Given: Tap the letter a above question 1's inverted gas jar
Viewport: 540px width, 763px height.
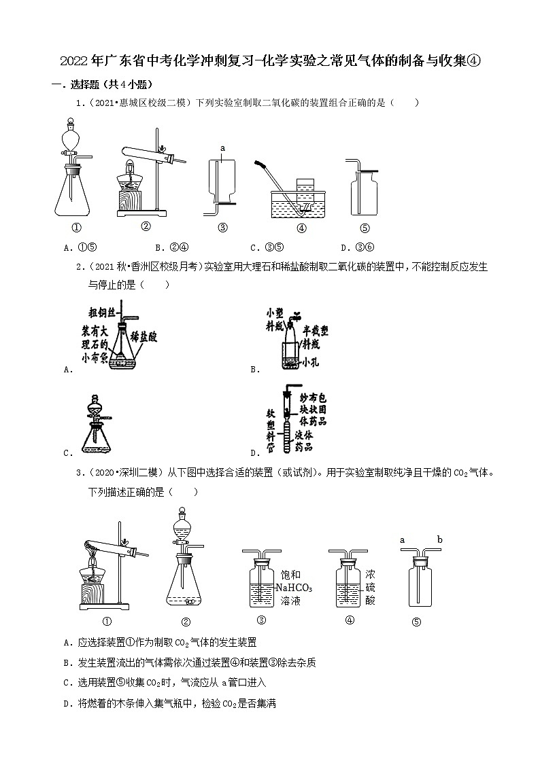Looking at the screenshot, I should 222,147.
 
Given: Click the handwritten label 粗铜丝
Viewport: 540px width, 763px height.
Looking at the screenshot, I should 101,313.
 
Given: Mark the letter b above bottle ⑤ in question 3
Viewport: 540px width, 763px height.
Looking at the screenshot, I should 440,540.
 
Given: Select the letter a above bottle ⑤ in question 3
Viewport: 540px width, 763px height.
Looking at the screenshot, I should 402,540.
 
